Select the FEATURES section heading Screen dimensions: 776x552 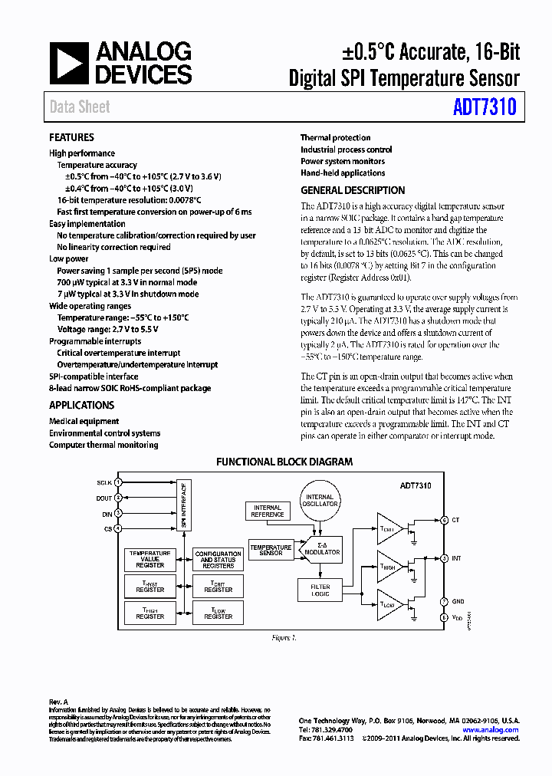tap(71, 137)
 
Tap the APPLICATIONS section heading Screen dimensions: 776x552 tap(81, 405)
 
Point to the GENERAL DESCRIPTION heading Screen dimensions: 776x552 tap(353, 190)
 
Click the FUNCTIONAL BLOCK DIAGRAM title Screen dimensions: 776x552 tap(284, 462)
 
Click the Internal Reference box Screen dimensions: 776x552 tap(268, 511)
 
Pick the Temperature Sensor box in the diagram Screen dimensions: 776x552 tap(271, 551)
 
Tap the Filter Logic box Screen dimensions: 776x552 tap(320, 590)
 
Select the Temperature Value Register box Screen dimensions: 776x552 tap(150, 560)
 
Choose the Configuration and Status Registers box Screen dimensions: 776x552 tap(219, 560)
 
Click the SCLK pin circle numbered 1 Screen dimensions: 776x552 tap(118, 482)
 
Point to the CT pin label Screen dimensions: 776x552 tap(456, 520)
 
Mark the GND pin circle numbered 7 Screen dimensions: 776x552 tap(443, 601)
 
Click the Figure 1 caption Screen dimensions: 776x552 tap(284, 638)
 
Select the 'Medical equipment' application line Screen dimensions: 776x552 tap(84, 421)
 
